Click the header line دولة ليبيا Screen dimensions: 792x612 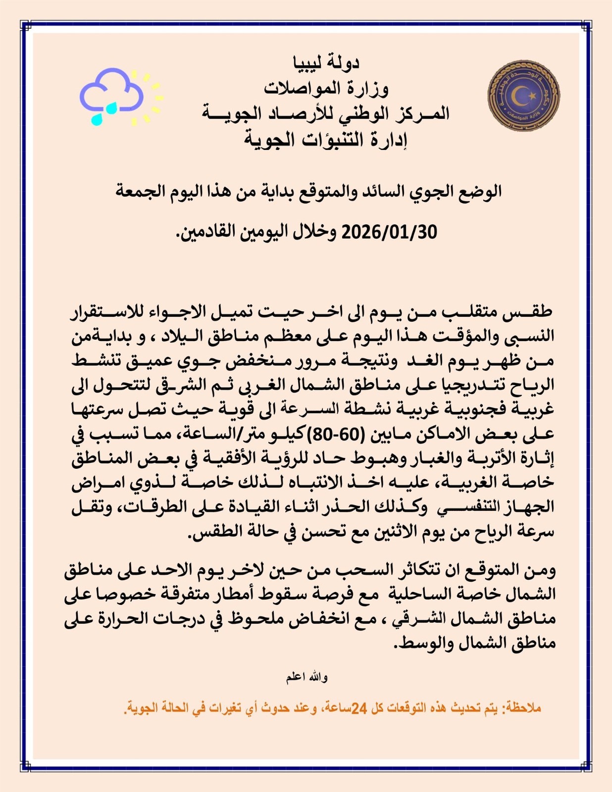(326, 63)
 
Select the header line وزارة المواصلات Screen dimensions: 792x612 (326, 88)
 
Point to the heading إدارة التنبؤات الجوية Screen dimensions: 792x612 (325, 140)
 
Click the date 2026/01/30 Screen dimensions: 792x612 (390, 232)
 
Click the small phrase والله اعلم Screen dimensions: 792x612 (306, 677)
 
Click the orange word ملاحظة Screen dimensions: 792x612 (523, 708)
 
